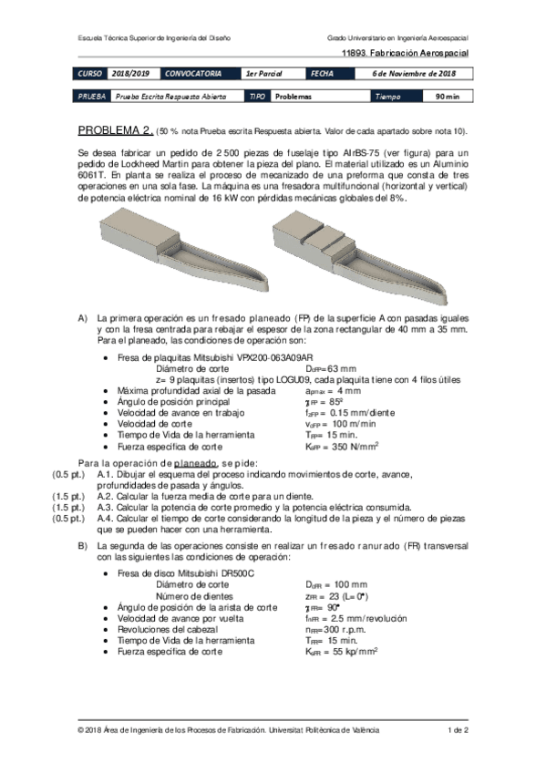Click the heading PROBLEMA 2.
coord(115,129)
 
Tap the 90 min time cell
coord(446,95)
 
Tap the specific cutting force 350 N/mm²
coord(342,447)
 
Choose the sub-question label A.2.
coord(106,484)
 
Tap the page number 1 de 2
coord(458,730)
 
